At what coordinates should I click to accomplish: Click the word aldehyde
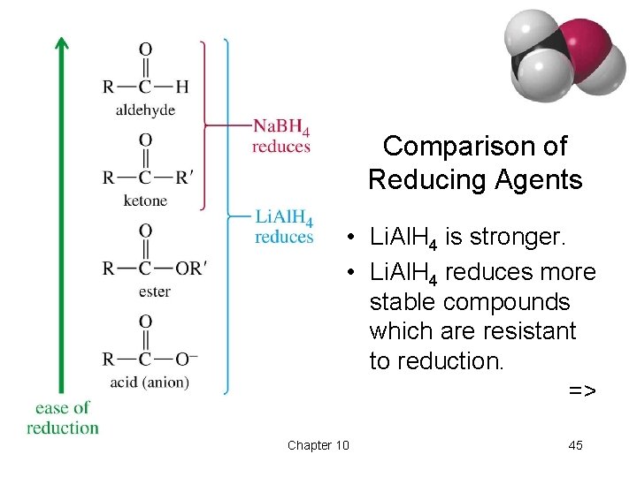(x=145, y=110)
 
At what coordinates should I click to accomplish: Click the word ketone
(x=145, y=201)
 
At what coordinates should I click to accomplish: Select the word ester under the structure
(x=155, y=291)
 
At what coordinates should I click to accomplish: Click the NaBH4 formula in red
(x=280, y=129)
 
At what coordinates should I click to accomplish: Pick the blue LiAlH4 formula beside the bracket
(x=284, y=218)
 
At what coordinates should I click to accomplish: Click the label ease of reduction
(x=63, y=417)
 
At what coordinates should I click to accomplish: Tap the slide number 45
(x=575, y=445)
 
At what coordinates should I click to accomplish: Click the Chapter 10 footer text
(x=318, y=445)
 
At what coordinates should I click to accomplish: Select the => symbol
(x=581, y=390)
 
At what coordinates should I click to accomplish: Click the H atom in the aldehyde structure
(x=182, y=87)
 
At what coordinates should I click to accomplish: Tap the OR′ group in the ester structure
(x=190, y=268)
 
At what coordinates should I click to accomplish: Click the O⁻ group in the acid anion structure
(x=187, y=359)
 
